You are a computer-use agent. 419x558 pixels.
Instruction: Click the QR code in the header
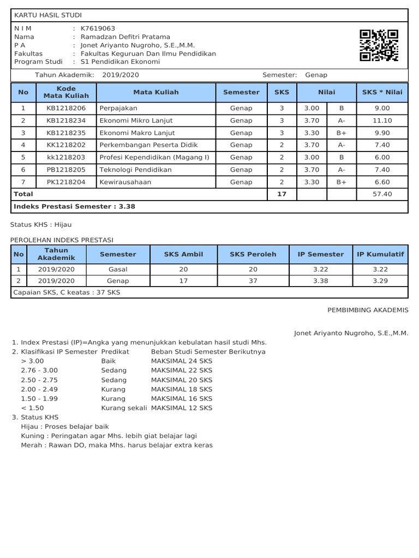[379, 46]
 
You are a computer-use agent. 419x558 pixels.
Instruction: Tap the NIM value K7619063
[98, 28]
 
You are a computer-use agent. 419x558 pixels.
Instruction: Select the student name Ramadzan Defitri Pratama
[125, 37]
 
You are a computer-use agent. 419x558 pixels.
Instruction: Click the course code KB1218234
[66, 120]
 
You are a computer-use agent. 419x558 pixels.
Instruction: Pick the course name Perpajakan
[118, 108]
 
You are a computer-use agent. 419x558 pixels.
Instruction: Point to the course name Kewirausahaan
[125, 182]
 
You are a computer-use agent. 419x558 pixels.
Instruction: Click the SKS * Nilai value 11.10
[382, 120]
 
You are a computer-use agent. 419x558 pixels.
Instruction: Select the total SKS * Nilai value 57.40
[382, 194]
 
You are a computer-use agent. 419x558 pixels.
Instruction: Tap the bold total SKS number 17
[282, 194]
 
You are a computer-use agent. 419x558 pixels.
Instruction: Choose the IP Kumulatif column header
[380, 254]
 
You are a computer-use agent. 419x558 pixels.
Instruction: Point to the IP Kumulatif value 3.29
[380, 281]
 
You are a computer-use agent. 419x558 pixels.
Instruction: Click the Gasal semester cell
[118, 269]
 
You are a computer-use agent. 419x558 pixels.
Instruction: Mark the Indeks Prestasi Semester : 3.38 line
[75, 207]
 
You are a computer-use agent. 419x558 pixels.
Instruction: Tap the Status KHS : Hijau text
[41, 224]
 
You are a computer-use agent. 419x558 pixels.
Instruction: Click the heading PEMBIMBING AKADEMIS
[368, 310]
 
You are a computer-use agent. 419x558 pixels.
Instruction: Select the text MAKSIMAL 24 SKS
[182, 361]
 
